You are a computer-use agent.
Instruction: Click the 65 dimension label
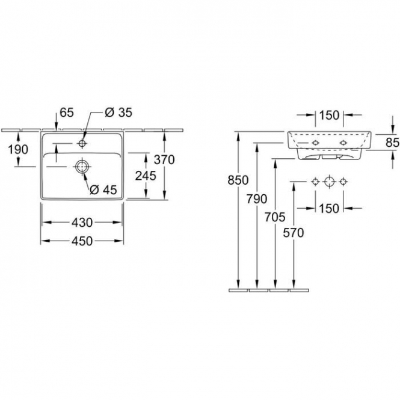tap(67, 112)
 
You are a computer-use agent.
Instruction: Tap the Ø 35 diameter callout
tap(118, 112)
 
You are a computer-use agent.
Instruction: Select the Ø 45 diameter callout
tap(103, 189)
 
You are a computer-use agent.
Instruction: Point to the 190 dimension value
tap(18, 150)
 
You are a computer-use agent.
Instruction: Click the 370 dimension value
tap(164, 159)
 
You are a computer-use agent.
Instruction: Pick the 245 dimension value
tap(146, 176)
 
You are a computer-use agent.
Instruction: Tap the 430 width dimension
tap(82, 223)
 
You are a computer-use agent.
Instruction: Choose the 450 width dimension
tap(82, 241)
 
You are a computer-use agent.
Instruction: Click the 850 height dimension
tap(238, 180)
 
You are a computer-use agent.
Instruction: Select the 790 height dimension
tap(257, 198)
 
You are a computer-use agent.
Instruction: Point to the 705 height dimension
tap(275, 217)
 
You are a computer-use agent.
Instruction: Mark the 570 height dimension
tap(294, 233)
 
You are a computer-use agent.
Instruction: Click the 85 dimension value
tap(393, 143)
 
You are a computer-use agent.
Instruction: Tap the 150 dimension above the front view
tap(330, 115)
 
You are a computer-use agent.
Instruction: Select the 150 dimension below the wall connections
tap(330, 208)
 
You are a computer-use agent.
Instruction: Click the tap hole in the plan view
tap(82, 144)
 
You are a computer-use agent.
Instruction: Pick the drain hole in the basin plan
tap(82, 167)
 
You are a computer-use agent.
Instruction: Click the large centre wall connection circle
tap(330, 182)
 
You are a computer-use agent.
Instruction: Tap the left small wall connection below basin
tap(316, 182)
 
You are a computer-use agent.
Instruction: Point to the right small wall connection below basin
tap(343, 182)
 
